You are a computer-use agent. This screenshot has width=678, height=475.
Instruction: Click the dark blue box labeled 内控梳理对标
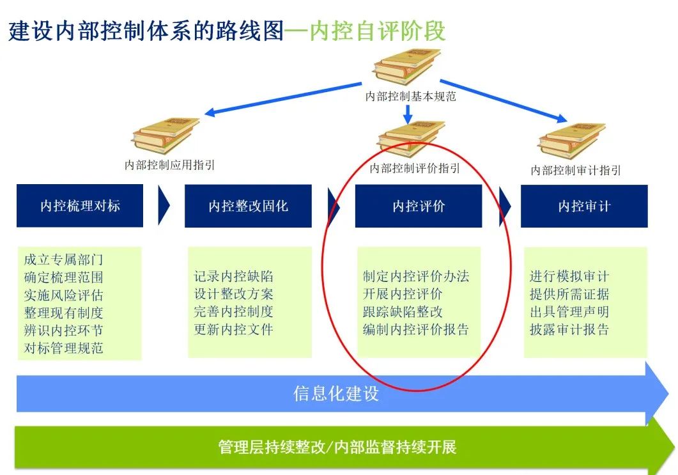[x=80, y=206]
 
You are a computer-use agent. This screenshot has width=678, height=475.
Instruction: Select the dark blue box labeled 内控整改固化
[x=248, y=206]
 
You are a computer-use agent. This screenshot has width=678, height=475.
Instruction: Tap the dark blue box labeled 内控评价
[x=419, y=206]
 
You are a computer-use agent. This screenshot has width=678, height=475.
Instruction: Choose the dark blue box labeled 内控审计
[x=584, y=206]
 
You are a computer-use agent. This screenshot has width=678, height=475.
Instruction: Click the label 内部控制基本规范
[x=410, y=97]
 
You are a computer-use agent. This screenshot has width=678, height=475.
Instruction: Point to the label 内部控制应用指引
[x=170, y=165]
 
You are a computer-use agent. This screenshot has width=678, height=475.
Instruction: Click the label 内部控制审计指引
[x=576, y=171]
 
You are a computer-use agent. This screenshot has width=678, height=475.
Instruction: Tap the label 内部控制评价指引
[x=415, y=168]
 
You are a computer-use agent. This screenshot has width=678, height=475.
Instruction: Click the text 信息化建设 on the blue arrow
[x=336, y=393]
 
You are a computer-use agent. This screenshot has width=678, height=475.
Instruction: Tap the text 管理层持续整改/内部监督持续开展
[x=337, y=447]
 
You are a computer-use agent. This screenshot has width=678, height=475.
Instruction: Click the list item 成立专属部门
[x=63, y=260]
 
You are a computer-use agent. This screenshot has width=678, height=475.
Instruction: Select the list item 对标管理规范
[x=63, y=348]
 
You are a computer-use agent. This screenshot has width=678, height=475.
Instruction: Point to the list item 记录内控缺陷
[x=234, y=277]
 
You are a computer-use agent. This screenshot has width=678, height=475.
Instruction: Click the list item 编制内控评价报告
[x=416, y=330]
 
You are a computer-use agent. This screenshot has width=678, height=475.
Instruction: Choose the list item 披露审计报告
[x=569, y=330]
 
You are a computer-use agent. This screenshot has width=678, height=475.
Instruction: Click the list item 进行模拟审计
[x=569, y=277]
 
